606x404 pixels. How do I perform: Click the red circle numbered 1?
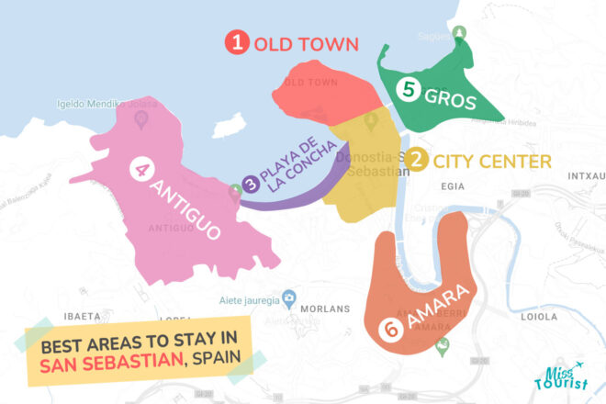click(239, 42)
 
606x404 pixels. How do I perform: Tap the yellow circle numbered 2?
click(417, 162)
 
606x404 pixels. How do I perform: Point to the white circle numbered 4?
click(141, 170)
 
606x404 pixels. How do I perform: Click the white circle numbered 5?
click(408, 89)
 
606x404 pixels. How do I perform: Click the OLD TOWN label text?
click(306, 43)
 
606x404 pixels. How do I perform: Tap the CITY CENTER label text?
click(491, 163)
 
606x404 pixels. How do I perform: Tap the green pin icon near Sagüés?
click(461, 33)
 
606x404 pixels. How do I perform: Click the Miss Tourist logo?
click(561, 376)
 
